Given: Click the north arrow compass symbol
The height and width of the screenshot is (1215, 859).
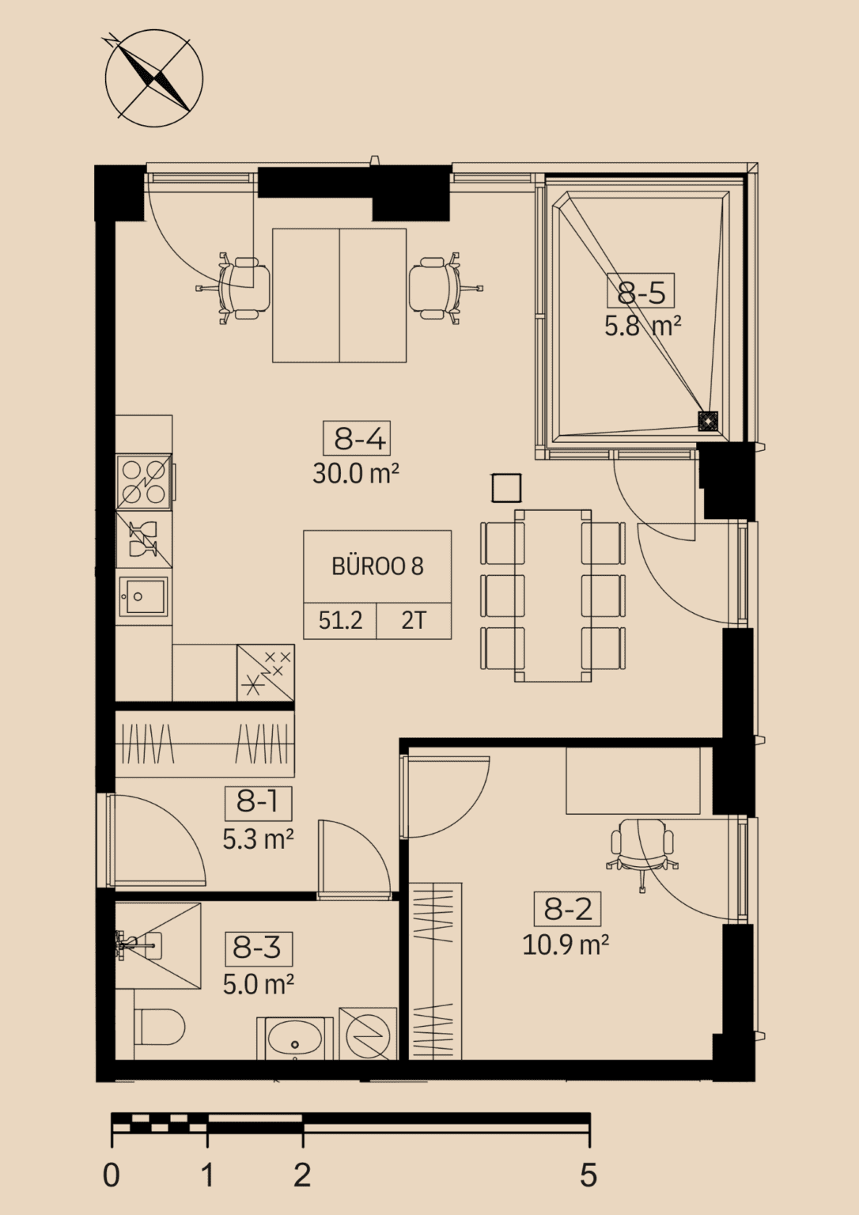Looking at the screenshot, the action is click(154, 78).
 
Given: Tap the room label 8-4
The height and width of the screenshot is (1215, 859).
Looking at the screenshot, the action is click(357, 437).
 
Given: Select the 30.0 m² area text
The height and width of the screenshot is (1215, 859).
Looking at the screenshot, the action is click(356, 474).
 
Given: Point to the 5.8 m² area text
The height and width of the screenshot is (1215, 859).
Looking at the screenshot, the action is click(642, 327).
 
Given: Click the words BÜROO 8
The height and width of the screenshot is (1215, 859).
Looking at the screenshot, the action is click(377, 566).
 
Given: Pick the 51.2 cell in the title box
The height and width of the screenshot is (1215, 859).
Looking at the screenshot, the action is click(340, 620).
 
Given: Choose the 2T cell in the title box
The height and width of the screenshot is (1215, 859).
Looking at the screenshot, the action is click(414, 620).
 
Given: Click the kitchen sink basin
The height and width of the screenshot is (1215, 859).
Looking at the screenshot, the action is click(144, 596).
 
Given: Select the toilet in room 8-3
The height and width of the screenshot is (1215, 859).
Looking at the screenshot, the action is click(160, 1027).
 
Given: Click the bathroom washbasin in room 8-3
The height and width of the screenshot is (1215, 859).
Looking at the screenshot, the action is click(295, 1038).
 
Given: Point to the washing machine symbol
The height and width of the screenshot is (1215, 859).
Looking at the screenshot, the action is click(368, 1034).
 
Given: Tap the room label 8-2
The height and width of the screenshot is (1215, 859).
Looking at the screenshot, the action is click(567, 909).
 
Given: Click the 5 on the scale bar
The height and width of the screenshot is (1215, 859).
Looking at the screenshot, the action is click(588, 1176).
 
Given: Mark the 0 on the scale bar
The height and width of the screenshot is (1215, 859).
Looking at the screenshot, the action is click(112, 1176).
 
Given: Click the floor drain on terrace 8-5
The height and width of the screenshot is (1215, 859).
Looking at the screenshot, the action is click(708, 422).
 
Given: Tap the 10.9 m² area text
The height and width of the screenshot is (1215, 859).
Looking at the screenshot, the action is click(566, 945).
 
